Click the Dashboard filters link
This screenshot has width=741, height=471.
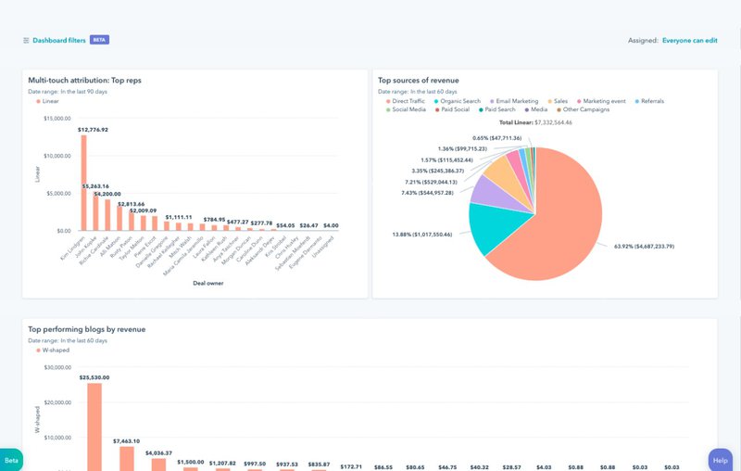[58, 41]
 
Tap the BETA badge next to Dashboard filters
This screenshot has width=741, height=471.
[100, 41]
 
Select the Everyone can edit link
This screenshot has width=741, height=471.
[689, 41]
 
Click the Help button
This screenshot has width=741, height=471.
[720, 460]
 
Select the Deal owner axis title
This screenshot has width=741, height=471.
[200, 283]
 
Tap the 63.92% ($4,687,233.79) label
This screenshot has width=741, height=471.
[644, 247]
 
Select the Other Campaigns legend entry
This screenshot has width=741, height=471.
[587, 109]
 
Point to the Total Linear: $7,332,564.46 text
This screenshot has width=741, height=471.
[535, 122]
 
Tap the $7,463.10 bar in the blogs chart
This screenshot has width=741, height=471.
[126, 458]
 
